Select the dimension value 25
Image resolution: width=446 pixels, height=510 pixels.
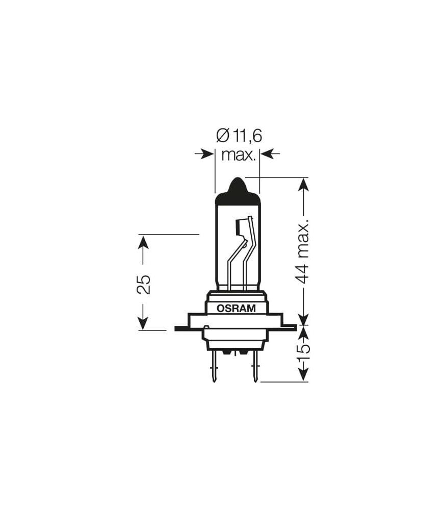tap(144, 284)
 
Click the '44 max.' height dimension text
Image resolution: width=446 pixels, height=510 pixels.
tap(303, 253)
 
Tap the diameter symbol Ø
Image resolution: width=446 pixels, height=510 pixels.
tap(222, 136)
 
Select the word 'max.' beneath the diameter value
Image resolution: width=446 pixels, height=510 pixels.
tap(238, 154)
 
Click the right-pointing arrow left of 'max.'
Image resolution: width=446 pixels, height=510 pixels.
tap(206, 154)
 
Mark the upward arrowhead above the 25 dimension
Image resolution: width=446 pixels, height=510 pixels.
tap(143, 242)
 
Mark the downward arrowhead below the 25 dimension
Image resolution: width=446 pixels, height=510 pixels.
tap(143, 323)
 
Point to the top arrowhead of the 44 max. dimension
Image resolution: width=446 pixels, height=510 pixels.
tap(303, 184)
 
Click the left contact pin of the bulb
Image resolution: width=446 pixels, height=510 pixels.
tap(215, 367)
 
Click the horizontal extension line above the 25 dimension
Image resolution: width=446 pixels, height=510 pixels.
tap(168, 235)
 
